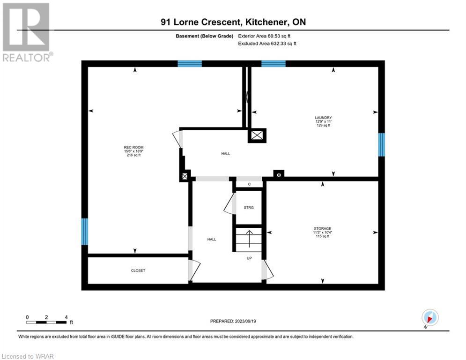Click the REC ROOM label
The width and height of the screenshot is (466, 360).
click(x=134, y=147)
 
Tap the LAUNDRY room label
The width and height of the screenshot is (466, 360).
click(x=323, y=118)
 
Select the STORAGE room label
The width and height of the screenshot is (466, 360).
click(x=323, y=228)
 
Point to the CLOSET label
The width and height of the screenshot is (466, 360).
click(x=138, y=270)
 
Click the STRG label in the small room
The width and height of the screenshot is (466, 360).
click(x=249, y=207)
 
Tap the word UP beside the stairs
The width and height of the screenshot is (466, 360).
click(x=249, y=258)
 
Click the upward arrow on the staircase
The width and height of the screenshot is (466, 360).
click(x=249, y=239)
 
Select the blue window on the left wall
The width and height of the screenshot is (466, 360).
click(x=85, y=232)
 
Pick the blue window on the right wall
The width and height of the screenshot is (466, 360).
click(x=381, y=144)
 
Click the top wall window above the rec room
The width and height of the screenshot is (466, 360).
click(x=190, y=64)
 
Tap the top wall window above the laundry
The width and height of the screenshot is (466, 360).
click(x=274, y=64)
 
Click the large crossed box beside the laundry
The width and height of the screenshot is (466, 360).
click(x=257, y=135)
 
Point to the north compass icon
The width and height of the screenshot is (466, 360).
click(x=430, y=317)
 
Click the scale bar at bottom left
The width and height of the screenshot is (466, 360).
click(x=46, y=322)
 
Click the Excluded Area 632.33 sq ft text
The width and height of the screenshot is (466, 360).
click(x=267, y=44)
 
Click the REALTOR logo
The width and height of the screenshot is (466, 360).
click(x=27, y=32)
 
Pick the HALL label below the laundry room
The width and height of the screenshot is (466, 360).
click(x=226, y=154)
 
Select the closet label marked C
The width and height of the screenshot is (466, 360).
click(x=249, y=184)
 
